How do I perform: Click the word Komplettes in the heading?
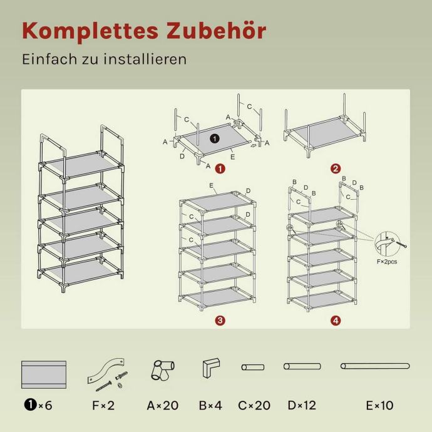click(x=90, y=31)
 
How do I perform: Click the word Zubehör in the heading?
click(x=216, y=30)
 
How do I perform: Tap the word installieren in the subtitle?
click(x=145, y=59)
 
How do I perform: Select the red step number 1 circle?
click(x=220, y=168)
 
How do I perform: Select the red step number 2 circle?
click(x=336, y=168)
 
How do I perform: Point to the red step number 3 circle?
click(x=220, y=321)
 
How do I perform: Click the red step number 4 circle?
click(x=336, y=321)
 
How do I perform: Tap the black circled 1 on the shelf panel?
click(x=215, y=138)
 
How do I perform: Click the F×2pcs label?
click(x=387, y=262)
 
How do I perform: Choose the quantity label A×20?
click(x=163, y=405)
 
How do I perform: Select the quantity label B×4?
click(x=210, y=405)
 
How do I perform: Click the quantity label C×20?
click(x=254, y=405)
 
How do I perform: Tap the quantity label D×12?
click(x=302, y=405)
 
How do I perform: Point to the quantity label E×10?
click(x=379, y=405)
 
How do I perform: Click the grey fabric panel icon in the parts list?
click(x=44, y=374)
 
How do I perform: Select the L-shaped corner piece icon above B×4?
click(x=212, y=368)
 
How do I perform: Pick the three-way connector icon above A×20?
click(x=163, y=370)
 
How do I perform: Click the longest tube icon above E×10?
click(x=375, y=366)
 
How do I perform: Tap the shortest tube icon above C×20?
click(x=253, y=367)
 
